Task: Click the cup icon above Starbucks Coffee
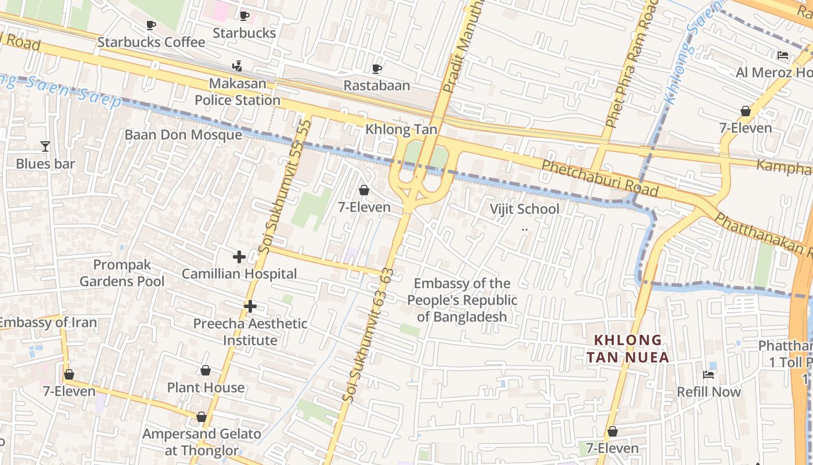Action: tap(151, 25)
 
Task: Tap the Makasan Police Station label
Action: tap(238, 92)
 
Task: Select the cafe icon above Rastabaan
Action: tap(376, 69)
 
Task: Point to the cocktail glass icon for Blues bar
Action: tap(45, 146)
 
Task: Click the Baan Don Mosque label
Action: tap(184, 135)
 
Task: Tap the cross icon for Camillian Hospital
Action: tap(239, 256)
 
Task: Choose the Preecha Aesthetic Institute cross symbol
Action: tap(250, 306)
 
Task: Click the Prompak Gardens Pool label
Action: tap(122, 273)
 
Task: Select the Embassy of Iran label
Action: tap(48, 323)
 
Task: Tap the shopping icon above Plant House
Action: tap(206, 370)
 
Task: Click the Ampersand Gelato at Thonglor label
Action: tap(202, 442)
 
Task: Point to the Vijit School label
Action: tap(524, 209)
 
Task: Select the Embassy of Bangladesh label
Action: tap(462, 300)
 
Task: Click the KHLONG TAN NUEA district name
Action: tap(628, 348)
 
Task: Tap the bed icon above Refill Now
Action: tap(708, 375)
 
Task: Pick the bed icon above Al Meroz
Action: tap(783, 55)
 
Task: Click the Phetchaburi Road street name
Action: tap(600, 179)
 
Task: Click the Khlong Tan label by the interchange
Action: tap(401, 129)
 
